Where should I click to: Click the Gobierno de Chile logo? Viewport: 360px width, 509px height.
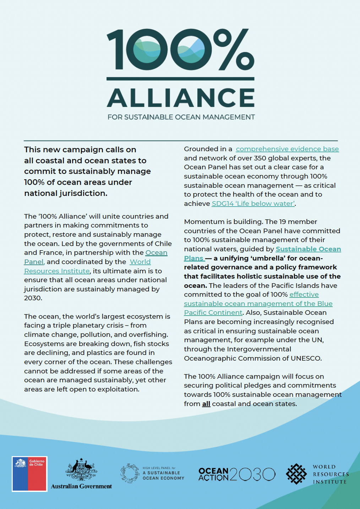[x=29, y=474]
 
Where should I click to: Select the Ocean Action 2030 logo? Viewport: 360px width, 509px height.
[x=237, y=474]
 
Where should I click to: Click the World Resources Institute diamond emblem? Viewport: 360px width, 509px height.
[x=296, y=474]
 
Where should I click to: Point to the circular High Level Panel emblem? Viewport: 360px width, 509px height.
[x=130, y=473]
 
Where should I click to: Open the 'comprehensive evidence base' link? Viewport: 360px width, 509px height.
[x=287, y=149]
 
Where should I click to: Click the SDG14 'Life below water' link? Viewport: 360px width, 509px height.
[x=253, y=204]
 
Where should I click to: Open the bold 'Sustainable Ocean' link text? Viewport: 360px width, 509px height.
[x=308, y=249]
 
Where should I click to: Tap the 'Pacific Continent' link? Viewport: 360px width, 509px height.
[x=213, y=313]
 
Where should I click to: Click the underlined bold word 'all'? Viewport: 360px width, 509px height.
[x=206, y=404]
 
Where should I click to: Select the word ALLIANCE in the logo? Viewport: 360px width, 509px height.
[x=181, y=98]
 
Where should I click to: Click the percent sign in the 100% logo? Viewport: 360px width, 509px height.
[x=235, y=49]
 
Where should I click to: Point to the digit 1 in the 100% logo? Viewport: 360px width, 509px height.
[x=118, y=49]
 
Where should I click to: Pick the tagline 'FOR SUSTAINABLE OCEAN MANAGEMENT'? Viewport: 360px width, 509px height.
[x=181, y=117]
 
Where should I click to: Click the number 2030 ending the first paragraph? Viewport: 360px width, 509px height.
[x=33, y=298]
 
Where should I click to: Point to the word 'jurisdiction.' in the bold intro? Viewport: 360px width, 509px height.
[x=66, y=193]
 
